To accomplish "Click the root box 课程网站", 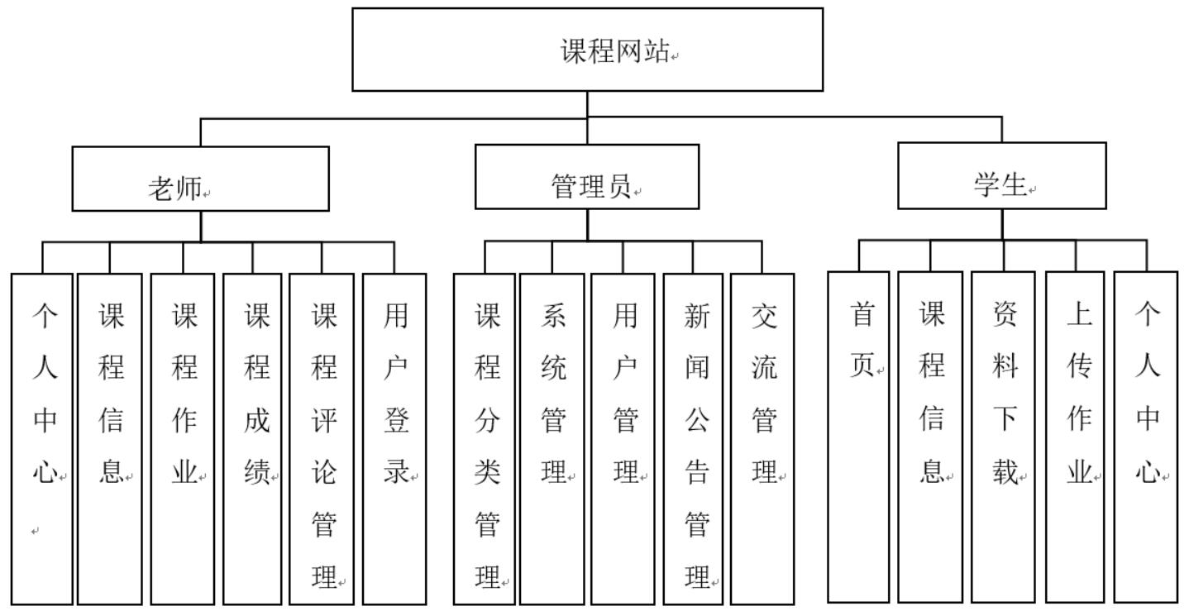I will [x=587, y=50].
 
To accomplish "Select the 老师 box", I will [x=200, y=179].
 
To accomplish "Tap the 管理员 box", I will [x=587, y=177].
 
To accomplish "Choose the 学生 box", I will [x=1001, y=175].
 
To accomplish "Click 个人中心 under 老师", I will [x=42, y=439].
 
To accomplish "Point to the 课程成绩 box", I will [x=253, y=439].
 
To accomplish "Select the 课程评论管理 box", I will [x=322, y=439].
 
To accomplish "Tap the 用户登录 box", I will [x=394, y=439].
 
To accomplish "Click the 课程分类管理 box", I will [x=485, y=439].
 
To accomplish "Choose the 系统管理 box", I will [x=552, y=439].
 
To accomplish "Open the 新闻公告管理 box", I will [x=695, y=439].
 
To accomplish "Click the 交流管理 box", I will [x=762, y=439].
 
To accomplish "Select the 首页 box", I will [x=859, y=437].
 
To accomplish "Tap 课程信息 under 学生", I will [x=930, y=437].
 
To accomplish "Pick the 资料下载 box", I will [x=1003, y=437].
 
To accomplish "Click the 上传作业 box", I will [x=1075, y=437].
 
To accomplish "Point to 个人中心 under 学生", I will [x=1146, y=437].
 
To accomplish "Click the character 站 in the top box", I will [x=656, y=51].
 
